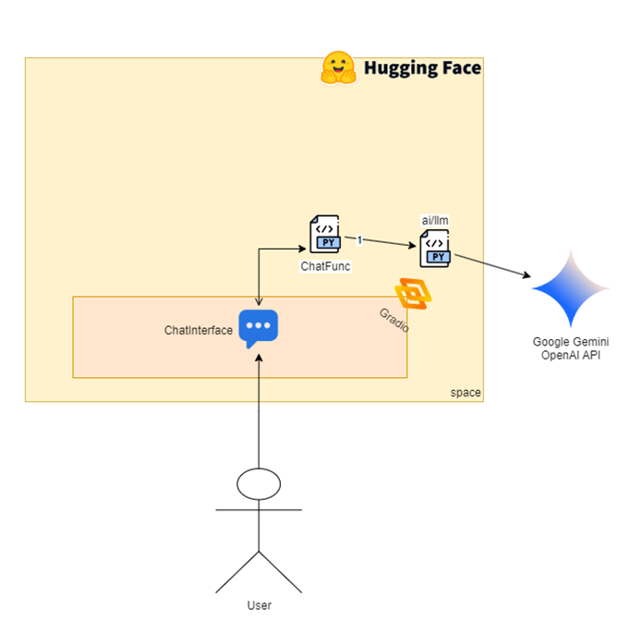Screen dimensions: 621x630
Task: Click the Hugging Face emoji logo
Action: click(339, 67)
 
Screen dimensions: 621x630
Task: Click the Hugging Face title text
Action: click(422, 67)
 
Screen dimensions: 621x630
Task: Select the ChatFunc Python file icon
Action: click(325, 235)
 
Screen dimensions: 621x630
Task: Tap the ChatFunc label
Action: click(325, 265)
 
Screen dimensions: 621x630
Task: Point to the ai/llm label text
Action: click(436, 220)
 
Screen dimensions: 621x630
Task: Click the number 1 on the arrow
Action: click(359, 239)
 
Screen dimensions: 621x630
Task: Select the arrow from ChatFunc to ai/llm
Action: click(388, 243)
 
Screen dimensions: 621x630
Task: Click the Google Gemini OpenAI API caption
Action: click(571, 348)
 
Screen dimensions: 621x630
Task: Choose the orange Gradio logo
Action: click(413, 294)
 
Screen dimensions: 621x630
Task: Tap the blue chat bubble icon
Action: click(259, 328)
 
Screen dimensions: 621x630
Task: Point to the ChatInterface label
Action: click(199, 330)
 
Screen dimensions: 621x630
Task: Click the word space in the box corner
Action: click(466, 393)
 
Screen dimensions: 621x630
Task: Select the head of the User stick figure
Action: click(259, 482)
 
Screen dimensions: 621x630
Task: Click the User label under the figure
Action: click(260, 605)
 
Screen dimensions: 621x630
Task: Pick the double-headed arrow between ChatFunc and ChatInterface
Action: click(260, 273)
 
